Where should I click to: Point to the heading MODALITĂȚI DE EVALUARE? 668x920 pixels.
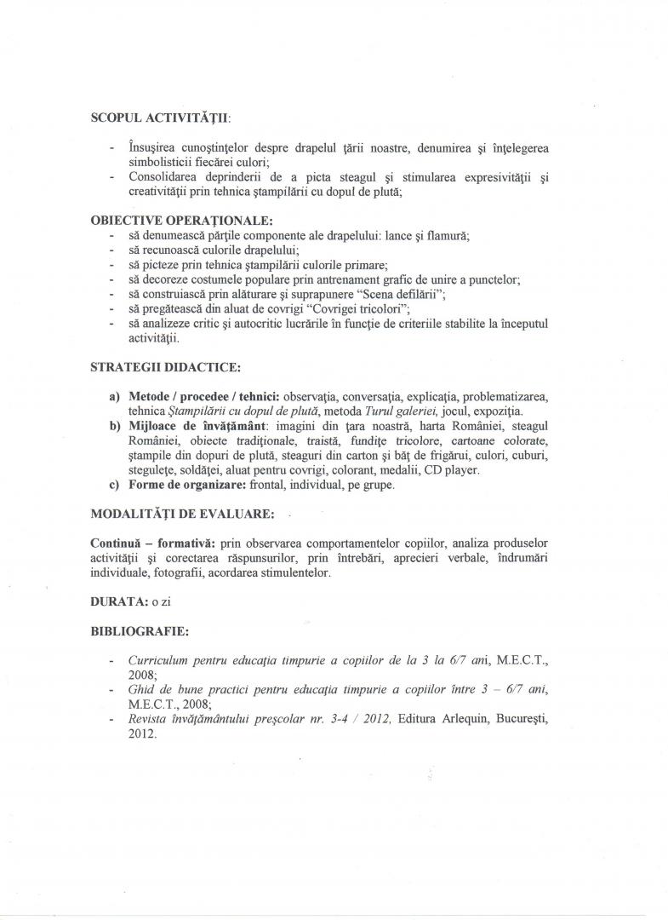182,515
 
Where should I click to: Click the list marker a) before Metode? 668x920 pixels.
114,398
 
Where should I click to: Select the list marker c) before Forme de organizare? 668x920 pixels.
114,485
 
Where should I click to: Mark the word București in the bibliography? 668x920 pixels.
516,720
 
